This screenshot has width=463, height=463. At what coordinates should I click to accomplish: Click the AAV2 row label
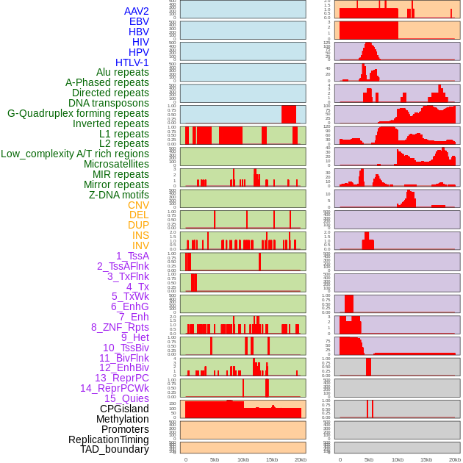[x=137, y=11]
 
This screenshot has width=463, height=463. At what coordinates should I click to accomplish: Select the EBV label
[x=139, y=21]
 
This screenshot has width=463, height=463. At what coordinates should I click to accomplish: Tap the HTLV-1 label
[x=132, y=62]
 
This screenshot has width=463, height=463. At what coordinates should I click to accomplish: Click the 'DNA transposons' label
[x=109, y=103]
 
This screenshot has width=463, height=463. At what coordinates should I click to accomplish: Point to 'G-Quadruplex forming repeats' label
[x=78, y=113]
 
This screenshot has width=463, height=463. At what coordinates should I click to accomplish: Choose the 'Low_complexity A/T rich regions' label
[x=75, y=154]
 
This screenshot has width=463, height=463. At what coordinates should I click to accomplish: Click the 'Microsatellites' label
[x=116, y=164]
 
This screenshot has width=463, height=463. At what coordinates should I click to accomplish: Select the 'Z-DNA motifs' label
[x=119, y=195]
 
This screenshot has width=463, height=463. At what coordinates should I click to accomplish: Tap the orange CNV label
[x=138, y=205]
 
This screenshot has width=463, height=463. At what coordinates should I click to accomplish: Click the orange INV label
[x=140, y=245]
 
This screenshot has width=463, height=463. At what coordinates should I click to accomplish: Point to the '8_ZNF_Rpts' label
[x=120, y=327]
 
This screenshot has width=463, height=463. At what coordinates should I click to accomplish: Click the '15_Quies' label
[x=126, y=398]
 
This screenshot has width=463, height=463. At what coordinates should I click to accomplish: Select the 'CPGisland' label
[x=124, y=409]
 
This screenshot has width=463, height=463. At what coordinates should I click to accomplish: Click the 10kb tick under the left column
[x=243, y=459]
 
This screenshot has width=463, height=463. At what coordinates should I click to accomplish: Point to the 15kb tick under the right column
[x=426, y=459]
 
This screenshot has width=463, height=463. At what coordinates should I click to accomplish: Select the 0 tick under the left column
[x=185, y=459]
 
